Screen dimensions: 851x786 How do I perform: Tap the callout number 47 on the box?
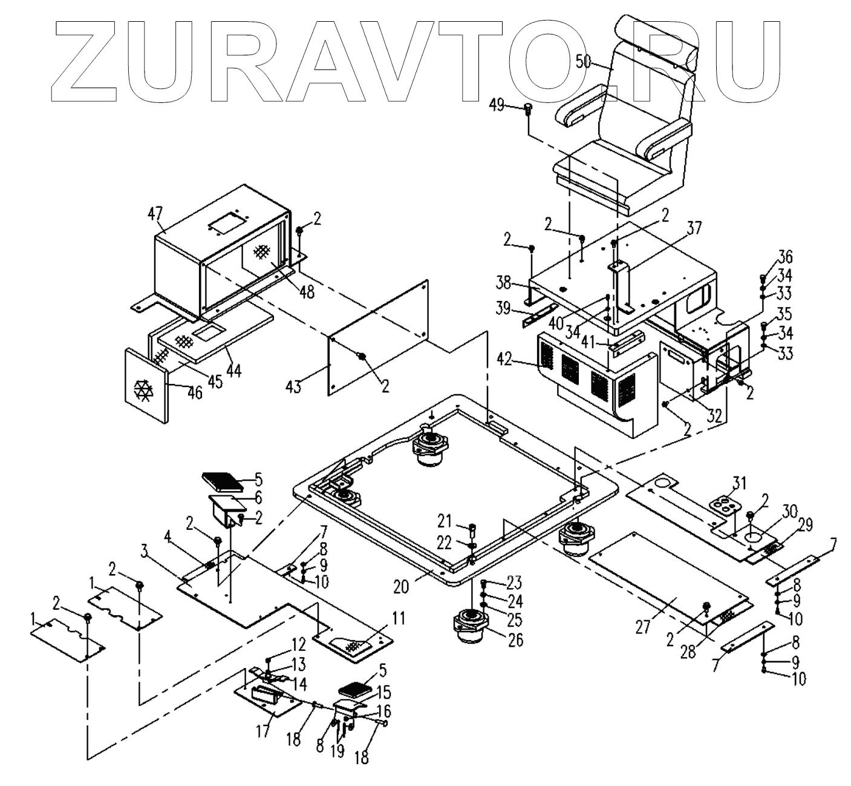click(x=156, y=213)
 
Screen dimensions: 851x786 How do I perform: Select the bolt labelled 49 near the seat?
click(x=528, y=110)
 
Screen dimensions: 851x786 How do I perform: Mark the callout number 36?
click(x=785, y=257)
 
